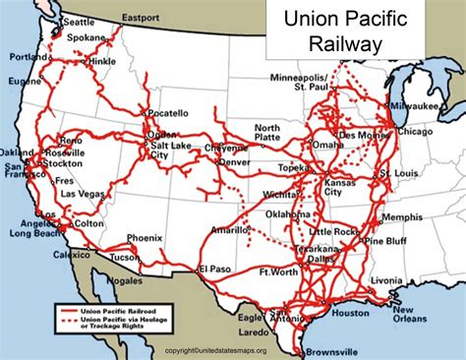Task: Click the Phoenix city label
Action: click(144, 237)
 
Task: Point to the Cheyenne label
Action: click(228, 146)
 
